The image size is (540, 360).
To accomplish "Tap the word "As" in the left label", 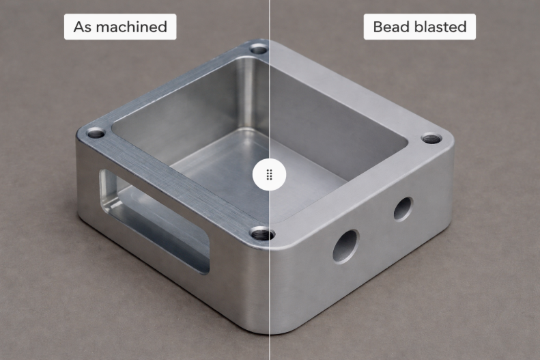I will tap(83, 27).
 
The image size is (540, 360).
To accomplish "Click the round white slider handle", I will tap(269, 175).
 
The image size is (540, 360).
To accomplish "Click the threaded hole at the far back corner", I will tap(258, 49).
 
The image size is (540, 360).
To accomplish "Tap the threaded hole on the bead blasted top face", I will tap(431, 139).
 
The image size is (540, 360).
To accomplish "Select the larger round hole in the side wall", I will tap(345, 247).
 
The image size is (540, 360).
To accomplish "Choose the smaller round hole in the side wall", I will tap(403, 208).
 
